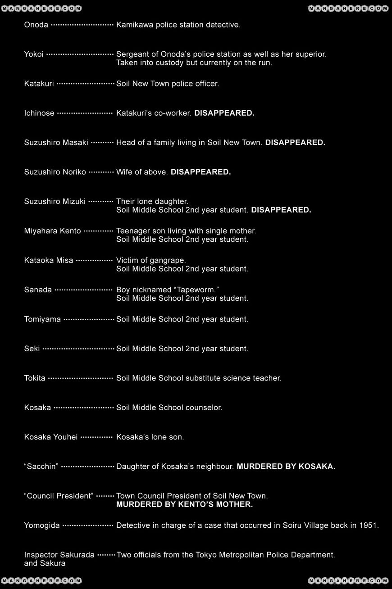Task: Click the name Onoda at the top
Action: pos(36,25)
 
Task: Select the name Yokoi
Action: pos(34,54)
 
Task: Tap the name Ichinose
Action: pos(39,113)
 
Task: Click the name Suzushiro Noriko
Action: pos(55,172)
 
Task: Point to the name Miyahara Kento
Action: pos(52,231)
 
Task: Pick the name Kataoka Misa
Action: pos(49,260)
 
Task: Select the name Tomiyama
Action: pos(42,319)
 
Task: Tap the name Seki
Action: pos(32,349)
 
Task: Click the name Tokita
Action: pos(35,378)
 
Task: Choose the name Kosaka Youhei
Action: pos(51,437)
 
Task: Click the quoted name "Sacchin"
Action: pos(41,467)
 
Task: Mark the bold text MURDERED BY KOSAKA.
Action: pos(286,467)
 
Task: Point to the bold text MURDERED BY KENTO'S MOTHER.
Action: pos(184,504)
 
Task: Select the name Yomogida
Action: pos(42,526)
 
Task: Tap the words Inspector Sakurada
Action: pos(59,555)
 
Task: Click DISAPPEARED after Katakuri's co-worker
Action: pos(224,113)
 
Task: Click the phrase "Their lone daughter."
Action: pos(152,201)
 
